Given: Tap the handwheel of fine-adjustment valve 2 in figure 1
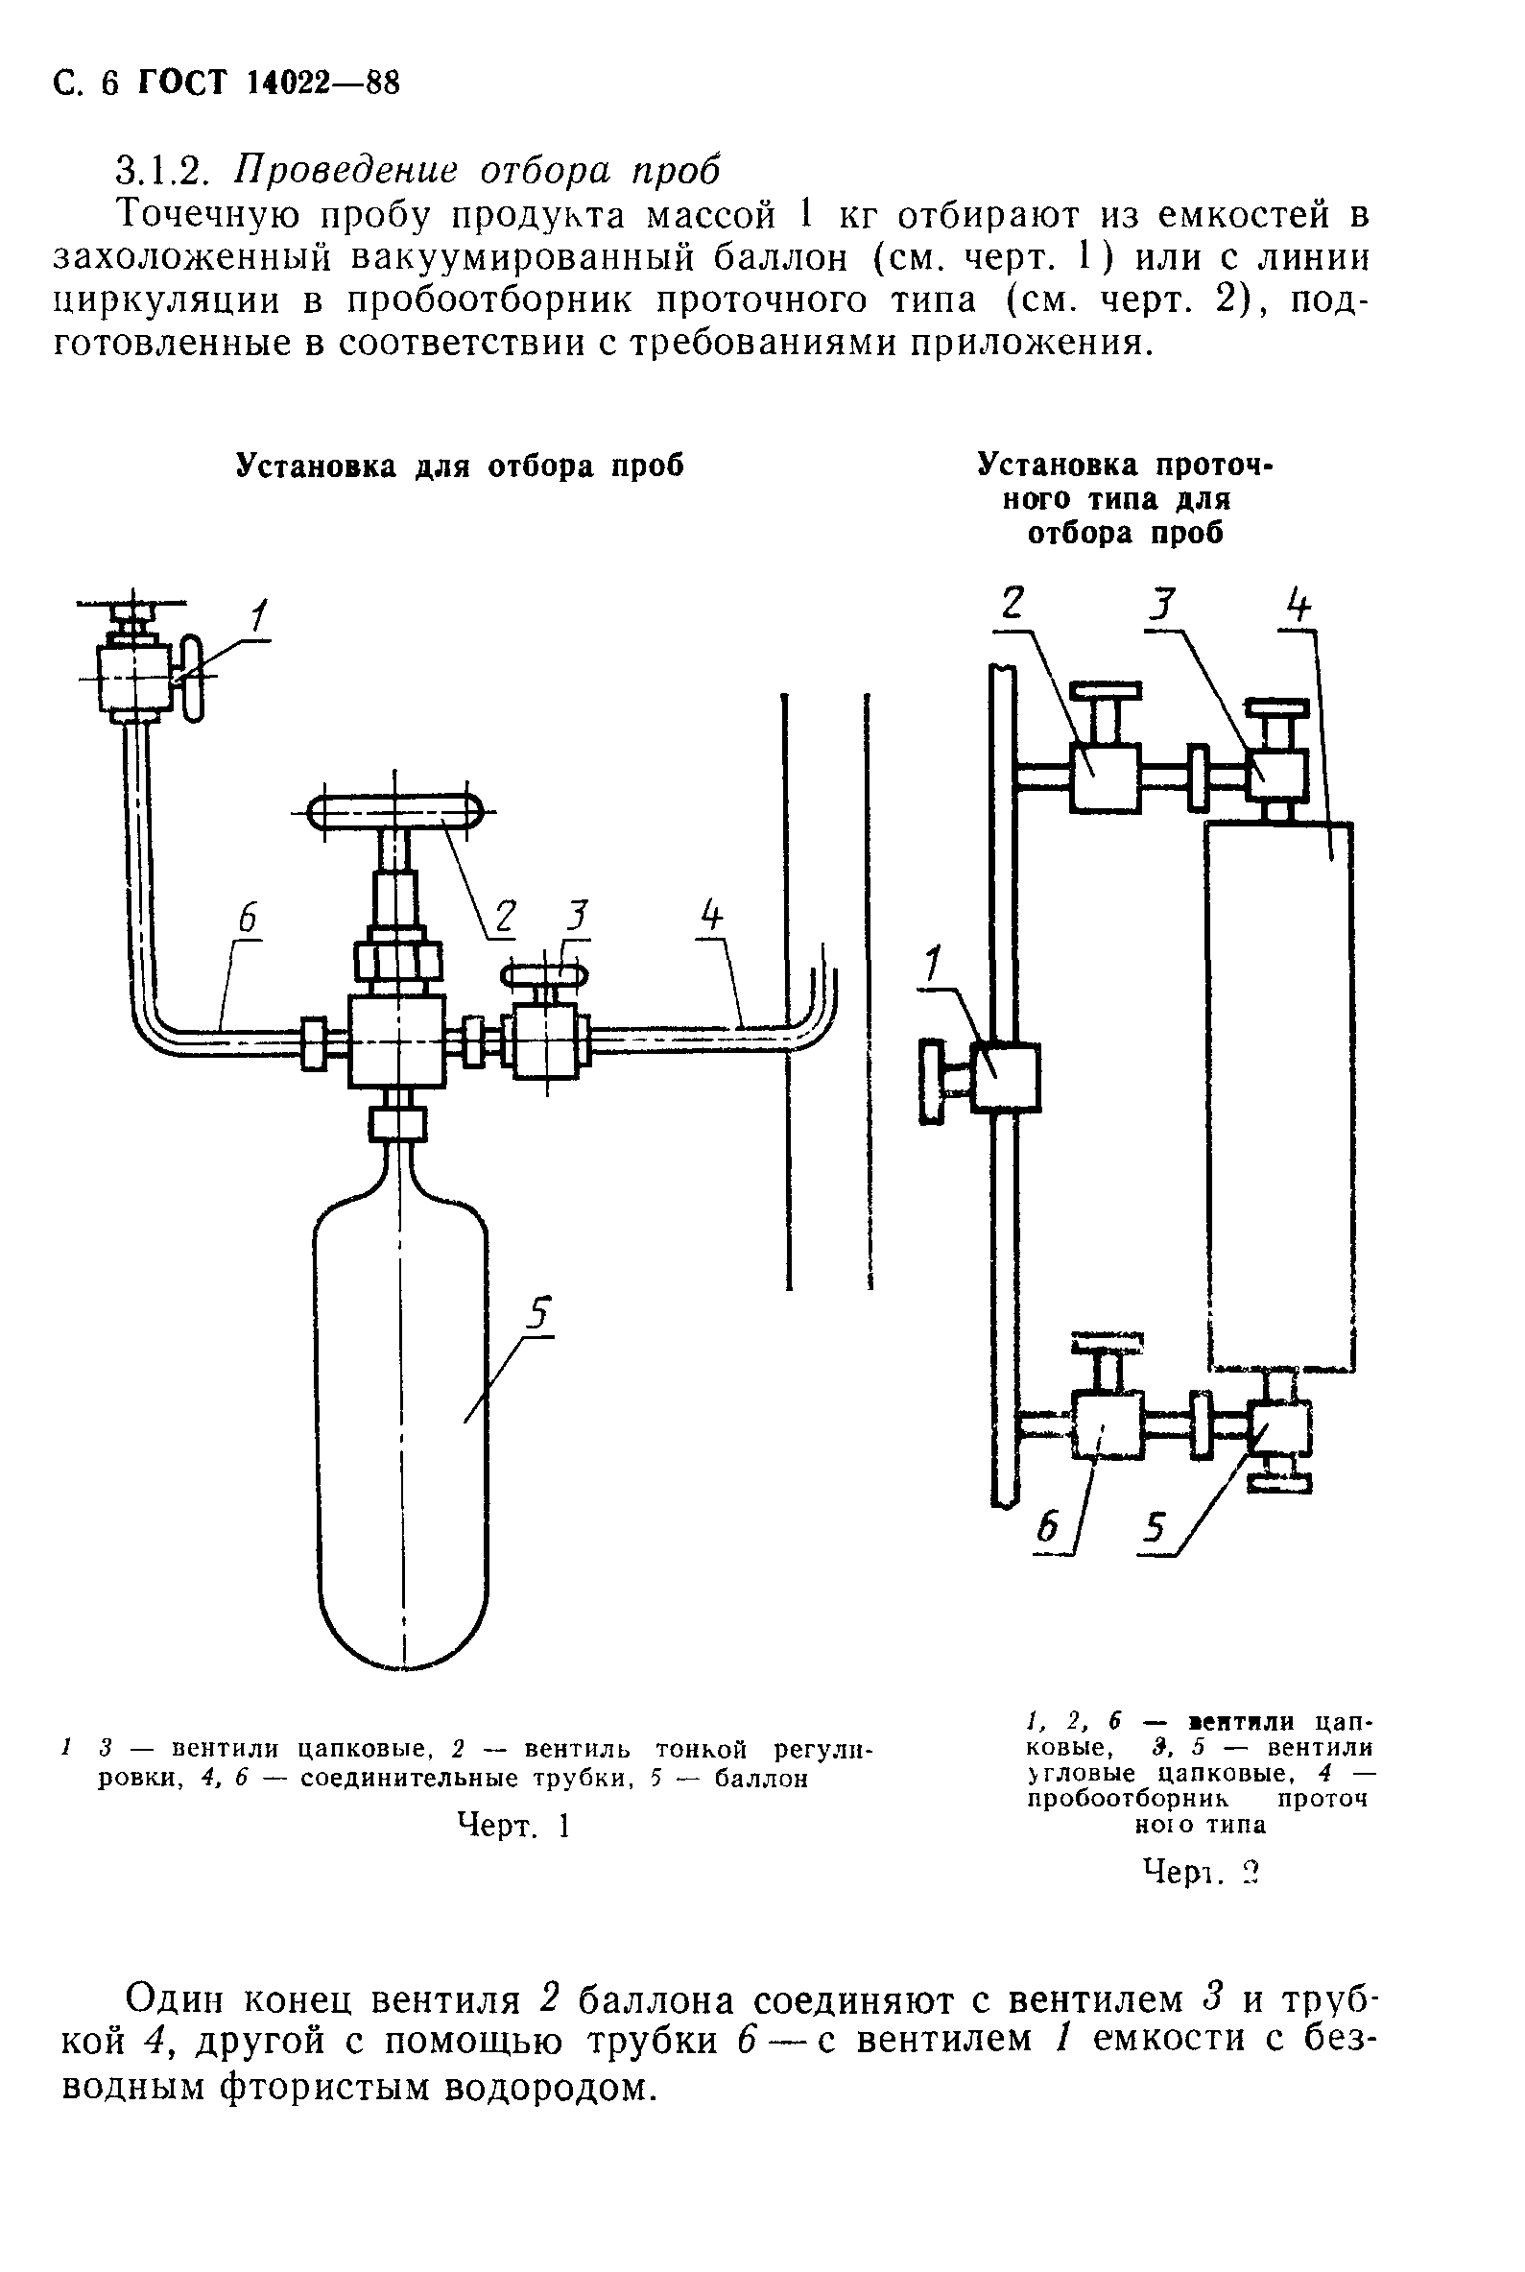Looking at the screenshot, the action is (x=394, y=812).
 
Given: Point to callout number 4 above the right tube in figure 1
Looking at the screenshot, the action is (x=713, y=918).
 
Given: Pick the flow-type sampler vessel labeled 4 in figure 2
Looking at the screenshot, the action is (x=1278, y=1096).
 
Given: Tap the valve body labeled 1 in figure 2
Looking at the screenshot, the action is (x=1005, y=1077).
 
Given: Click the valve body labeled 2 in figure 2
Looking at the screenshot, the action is (x=1104, y=777).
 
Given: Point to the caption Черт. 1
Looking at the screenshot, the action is (x=512, y=1827).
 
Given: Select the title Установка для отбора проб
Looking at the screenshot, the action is (x=461, y=466).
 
